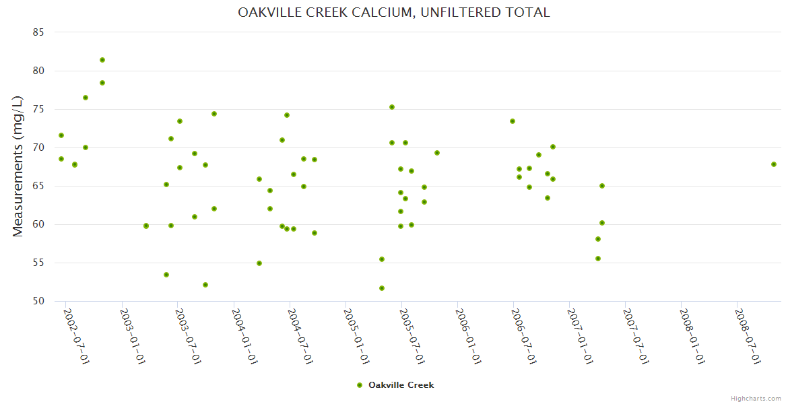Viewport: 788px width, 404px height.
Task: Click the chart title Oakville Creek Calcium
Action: (x=394, y=12)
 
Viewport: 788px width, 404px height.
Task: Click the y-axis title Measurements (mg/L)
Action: (x=18, y=166)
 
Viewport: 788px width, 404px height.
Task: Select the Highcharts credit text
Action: (x=756, y=398)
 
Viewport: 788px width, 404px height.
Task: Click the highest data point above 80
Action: (x=102, y=60)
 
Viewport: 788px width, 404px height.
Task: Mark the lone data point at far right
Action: (x=774, y=164)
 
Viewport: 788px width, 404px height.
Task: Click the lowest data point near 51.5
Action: (x=382, y=288)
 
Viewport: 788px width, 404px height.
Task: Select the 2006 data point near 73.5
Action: (x=513, y=121)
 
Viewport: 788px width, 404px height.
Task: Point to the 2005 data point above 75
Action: (x=392, y=107)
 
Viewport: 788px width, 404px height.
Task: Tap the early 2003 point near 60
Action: (x=146, y=226)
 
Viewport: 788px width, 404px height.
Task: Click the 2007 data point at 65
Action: (x=602, y=186)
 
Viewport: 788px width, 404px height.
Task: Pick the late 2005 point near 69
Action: (x=437, y=153)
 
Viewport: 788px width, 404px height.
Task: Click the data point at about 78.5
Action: (x=102, y=83)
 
